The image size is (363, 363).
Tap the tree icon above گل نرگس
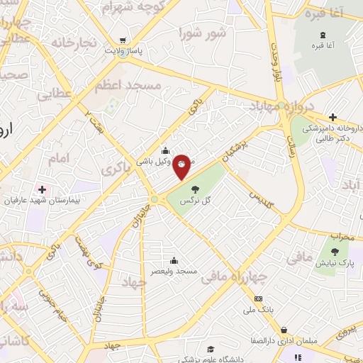point(194,189)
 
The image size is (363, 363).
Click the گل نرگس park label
point(197,201)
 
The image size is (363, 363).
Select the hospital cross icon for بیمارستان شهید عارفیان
point(42,189)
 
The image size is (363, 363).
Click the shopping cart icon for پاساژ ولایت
point(123,40)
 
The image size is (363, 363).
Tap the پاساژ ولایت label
point(124,51)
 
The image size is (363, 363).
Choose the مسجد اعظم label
point(128,84)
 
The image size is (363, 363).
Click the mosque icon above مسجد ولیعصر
point(174,261)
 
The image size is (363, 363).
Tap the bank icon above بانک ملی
point(259,298)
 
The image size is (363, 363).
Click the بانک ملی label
point(258,310)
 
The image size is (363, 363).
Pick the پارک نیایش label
point(336,263)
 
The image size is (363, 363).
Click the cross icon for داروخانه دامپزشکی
point(333,117)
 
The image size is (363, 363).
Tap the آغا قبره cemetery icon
point(323,35)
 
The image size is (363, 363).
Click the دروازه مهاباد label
point(272,107)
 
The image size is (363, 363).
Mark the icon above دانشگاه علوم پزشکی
point(210,349)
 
